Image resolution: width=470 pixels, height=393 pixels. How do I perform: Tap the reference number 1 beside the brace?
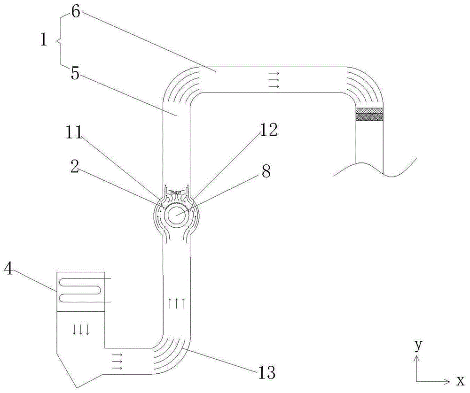(x=44, y=40)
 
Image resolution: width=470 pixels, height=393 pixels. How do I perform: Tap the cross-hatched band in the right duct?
(x=369, y=114)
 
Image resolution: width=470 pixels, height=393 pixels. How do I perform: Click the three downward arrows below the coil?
(x=81, y=330)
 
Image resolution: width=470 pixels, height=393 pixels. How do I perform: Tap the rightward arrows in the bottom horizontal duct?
(x=117, y=362)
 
